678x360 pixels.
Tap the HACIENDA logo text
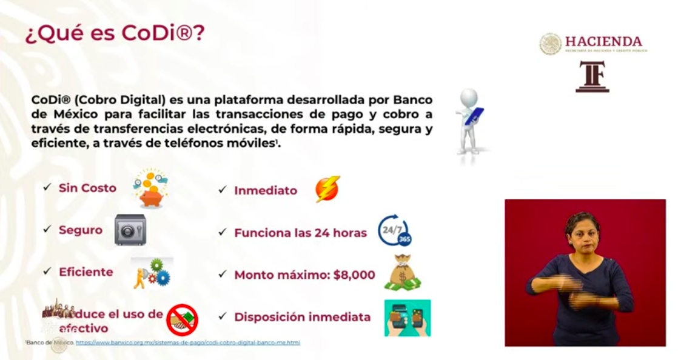tap(603, 42)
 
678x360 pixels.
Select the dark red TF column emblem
tap(592, 76)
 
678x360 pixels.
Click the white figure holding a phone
tap(470, 121)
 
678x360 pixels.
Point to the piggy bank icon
tap(150, 188)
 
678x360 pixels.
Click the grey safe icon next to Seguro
tap(130, 230)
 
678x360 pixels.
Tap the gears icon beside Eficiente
tap(152, 273)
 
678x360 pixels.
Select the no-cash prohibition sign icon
tap(182, 320)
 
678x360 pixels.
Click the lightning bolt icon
tap(327, 189)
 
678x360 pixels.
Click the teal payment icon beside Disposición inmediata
tap(407, 318)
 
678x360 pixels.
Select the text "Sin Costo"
tap(87, 188)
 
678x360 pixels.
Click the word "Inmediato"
tap(266, 190)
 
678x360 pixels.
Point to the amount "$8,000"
tap(354, 275)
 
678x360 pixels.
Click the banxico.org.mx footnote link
tap(188, 343)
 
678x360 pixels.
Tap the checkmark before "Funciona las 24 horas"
tap(223, 232)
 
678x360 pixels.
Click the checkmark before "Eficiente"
tap(47, 272)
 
